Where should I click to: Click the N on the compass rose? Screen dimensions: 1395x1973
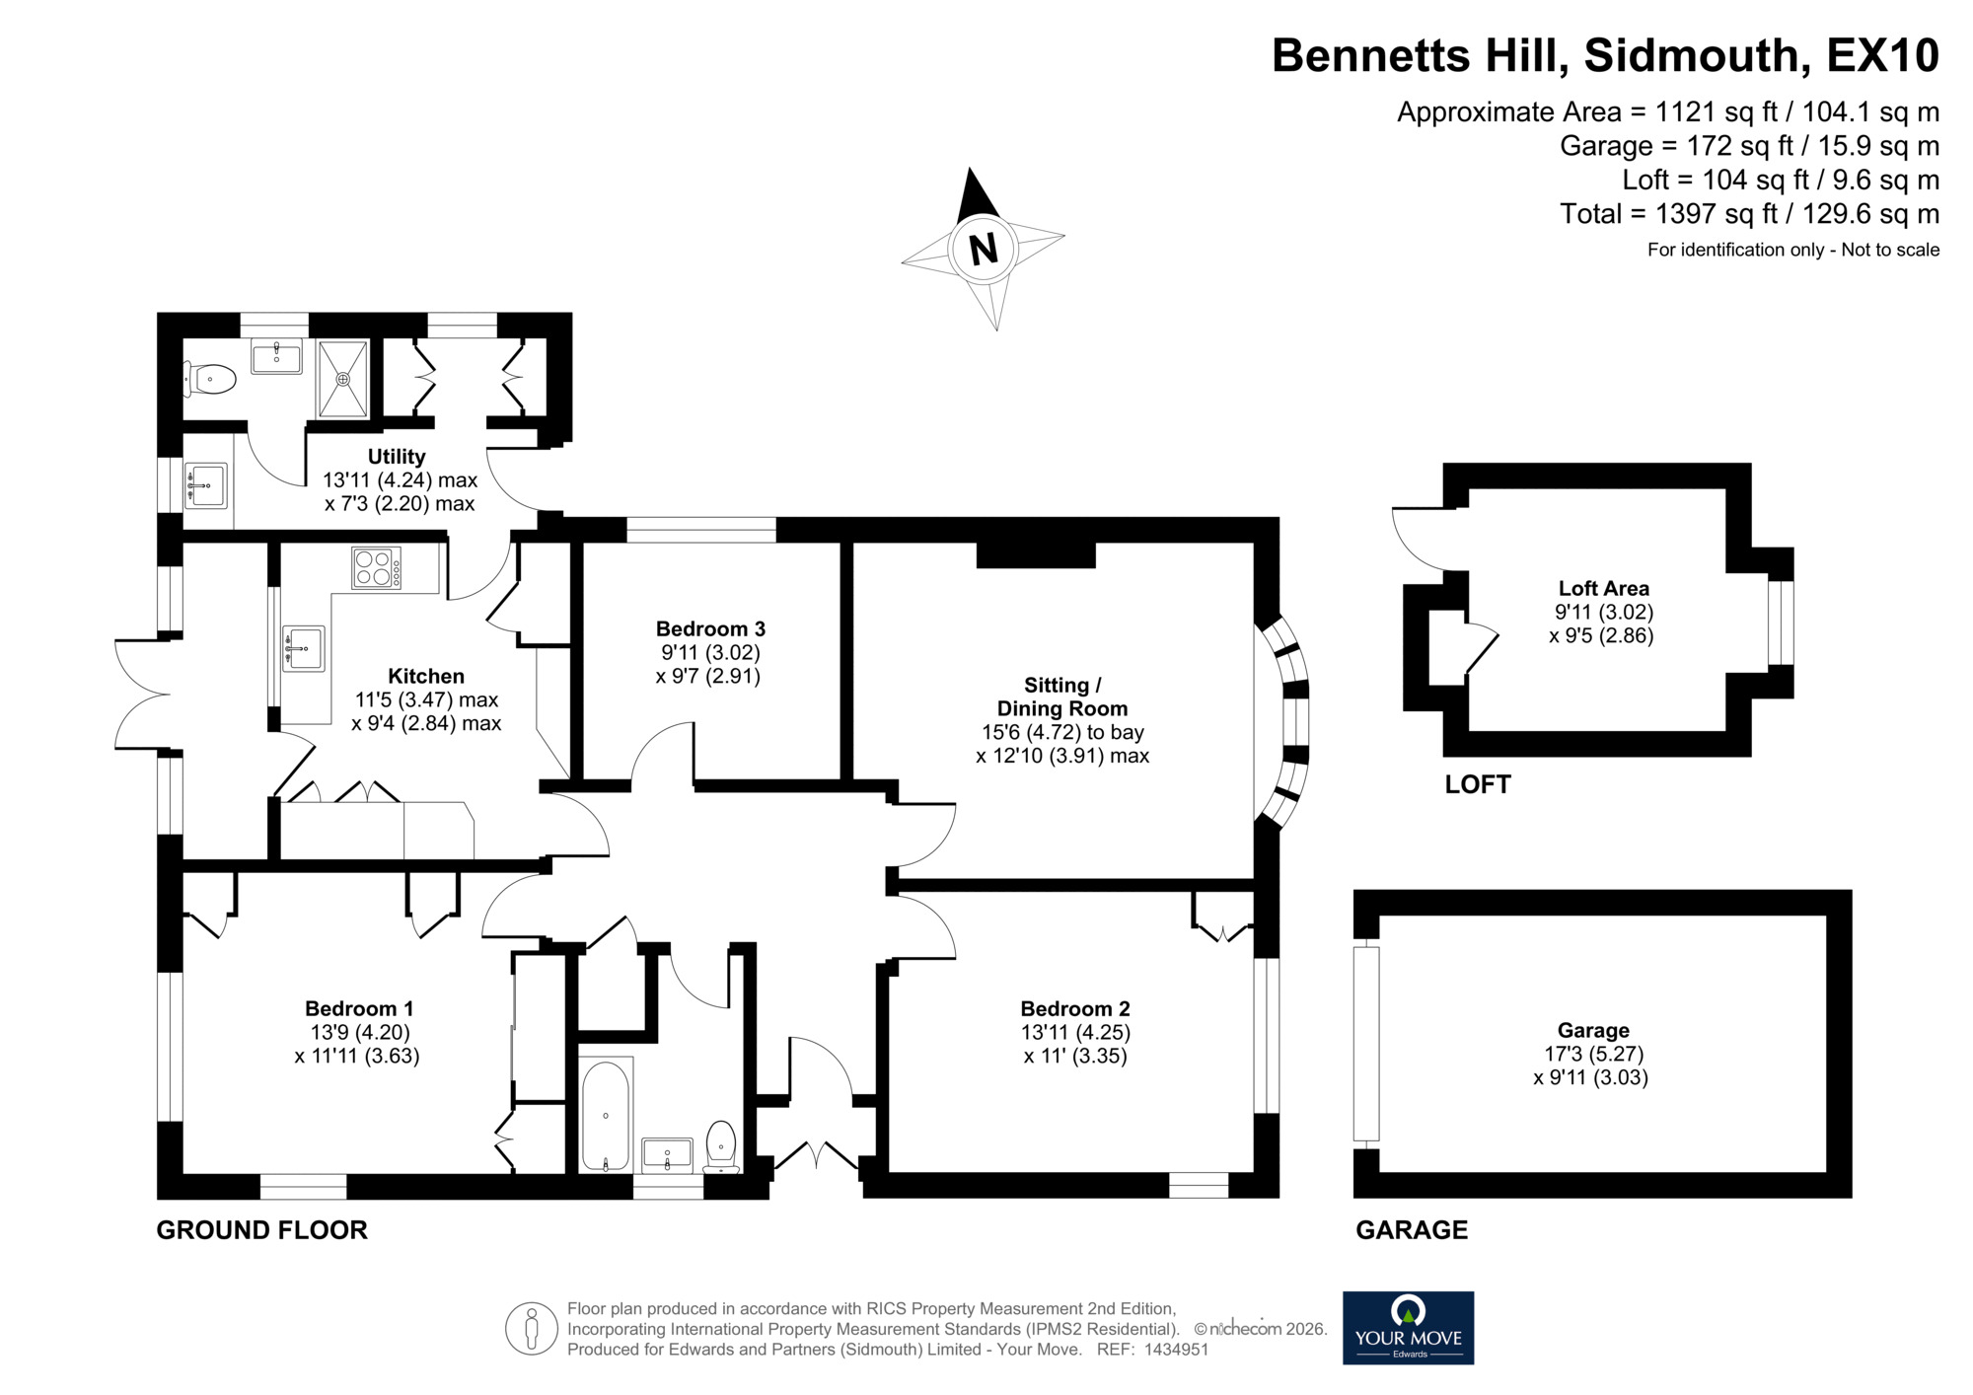click(x=984, y=249)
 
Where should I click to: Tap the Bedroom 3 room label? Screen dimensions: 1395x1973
click(x=710, y=629)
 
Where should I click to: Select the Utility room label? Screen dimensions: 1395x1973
click(x=397, y=457)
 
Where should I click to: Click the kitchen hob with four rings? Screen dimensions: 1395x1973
click(x=376, y=568)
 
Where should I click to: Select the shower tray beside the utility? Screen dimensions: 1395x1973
click(x=342, y=379)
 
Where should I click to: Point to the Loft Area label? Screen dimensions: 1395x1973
click(x=1603, y=588)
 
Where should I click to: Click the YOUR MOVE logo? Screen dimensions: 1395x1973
click(x=1408, y=1328)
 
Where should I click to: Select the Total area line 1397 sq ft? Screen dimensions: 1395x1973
click(x=1749, y=214)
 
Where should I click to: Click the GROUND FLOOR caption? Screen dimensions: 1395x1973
click(x=261, y=1230)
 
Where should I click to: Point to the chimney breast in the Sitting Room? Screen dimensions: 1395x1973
click(x=1036, y=554)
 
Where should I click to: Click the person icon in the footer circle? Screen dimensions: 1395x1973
click(x=532, y=1328)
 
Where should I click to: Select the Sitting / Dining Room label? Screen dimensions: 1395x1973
click(x=1062, y=697)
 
